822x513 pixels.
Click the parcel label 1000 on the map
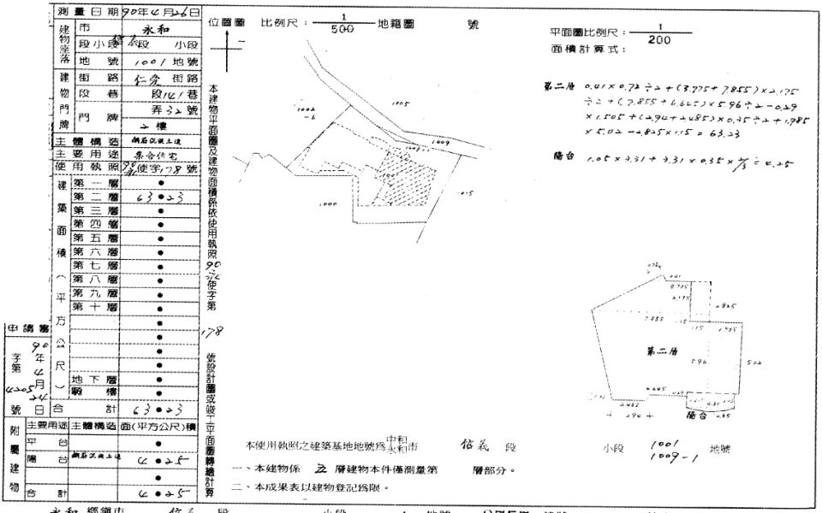click(326, 205)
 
